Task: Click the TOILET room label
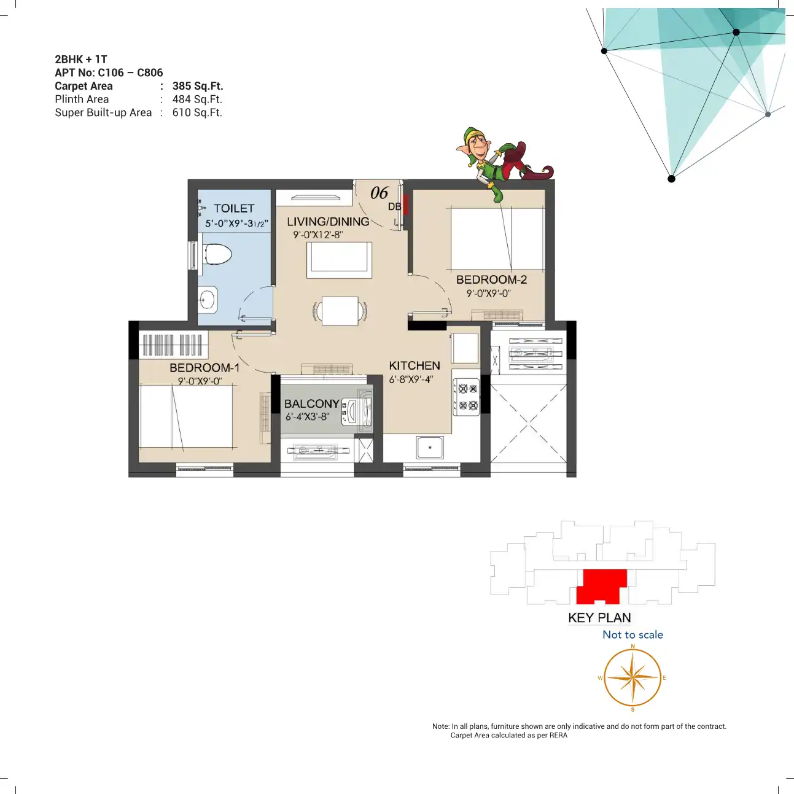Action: point(234,209)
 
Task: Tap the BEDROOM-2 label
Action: point(491,280)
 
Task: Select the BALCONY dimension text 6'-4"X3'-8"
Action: point(308,416)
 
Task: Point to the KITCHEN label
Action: point(415,365)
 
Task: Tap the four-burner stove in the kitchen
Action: point(467,397)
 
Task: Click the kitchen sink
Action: point(430,448)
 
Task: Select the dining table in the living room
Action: point(340,311)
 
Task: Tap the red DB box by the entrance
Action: point(406,204)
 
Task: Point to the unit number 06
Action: point(379,193)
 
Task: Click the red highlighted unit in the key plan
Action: point(602,586)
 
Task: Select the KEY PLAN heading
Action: point(599,618)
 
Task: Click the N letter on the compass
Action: point(633,645)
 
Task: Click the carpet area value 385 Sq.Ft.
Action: point(198,86)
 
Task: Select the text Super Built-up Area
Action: point(103,112)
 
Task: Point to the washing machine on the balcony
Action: point(357,410)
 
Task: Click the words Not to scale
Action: point(633,634)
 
